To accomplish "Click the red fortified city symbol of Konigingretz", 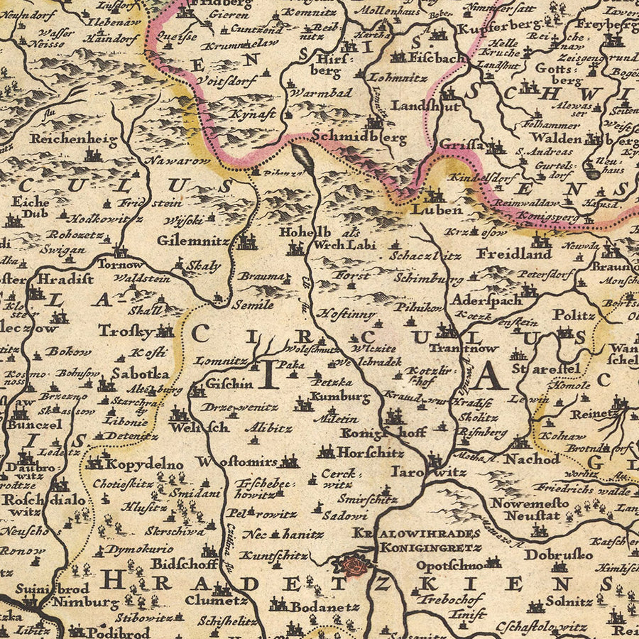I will (x=354, y=566).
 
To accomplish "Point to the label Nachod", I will (x=532, y=459).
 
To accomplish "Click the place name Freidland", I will (x=514, y=253).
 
